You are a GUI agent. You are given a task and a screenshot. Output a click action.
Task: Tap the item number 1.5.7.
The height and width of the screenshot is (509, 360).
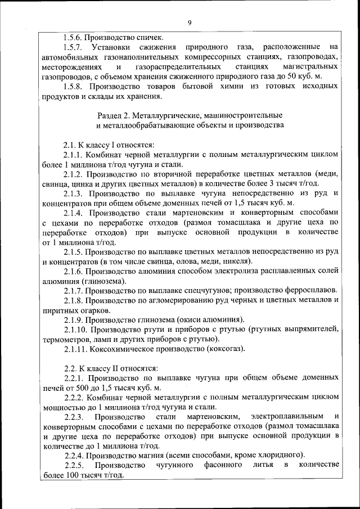pyautogui.click(x=73, y=47)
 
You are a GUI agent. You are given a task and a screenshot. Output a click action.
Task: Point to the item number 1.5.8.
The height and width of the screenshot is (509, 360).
pyautogui.click(x=73, y=87)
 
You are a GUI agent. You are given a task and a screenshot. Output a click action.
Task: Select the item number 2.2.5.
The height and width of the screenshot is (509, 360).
pyautogui.click(x=73, y=466)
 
